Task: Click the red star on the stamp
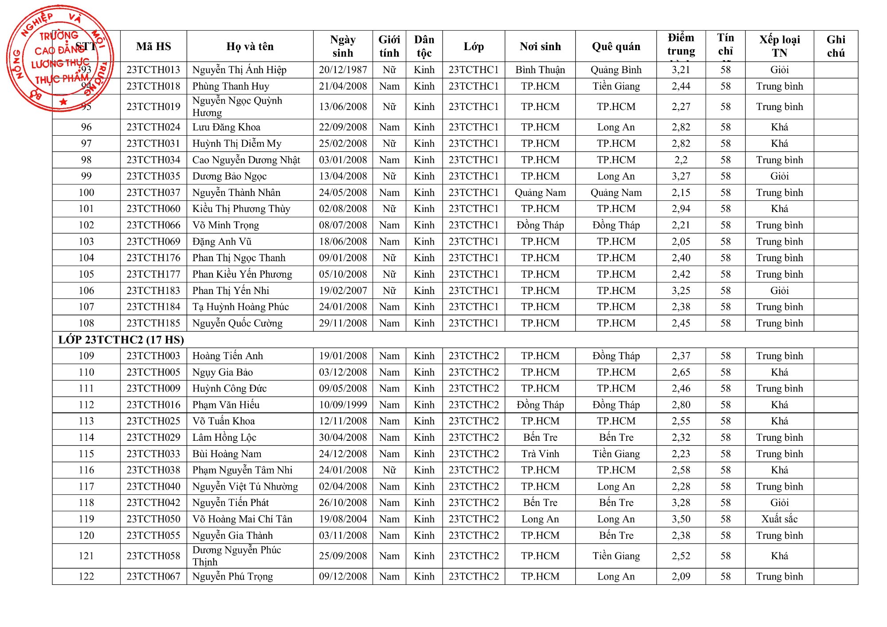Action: (x=63, y=102)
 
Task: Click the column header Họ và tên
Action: (x=250, y=47)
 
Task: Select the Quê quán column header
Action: (x=616, y=47)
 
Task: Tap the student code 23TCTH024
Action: (x=153, y=127)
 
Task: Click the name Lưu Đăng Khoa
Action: (x=226, y=127)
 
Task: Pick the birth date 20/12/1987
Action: (x=343, y=70)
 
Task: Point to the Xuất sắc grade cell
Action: (x=779, y=519)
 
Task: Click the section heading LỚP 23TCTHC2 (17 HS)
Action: (x=121, y=340)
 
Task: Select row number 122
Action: (x=86, y=576)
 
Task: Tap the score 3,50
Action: (x=681, y=519)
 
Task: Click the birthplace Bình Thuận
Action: (x=540, y=70)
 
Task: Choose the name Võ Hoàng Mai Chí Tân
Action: (x=242, y=519)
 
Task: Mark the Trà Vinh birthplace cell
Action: (x=540, y=454)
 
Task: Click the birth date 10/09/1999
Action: (x=343, y=405)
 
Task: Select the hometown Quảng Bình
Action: (x=616, y=70)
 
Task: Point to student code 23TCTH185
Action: (x=153, y=323)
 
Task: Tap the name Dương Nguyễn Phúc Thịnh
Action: (x=236, y=556)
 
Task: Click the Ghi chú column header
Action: (x=836, y=47)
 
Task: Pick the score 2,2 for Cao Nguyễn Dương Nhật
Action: (x=681, y=160)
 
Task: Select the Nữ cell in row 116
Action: (x=389, y=470)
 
